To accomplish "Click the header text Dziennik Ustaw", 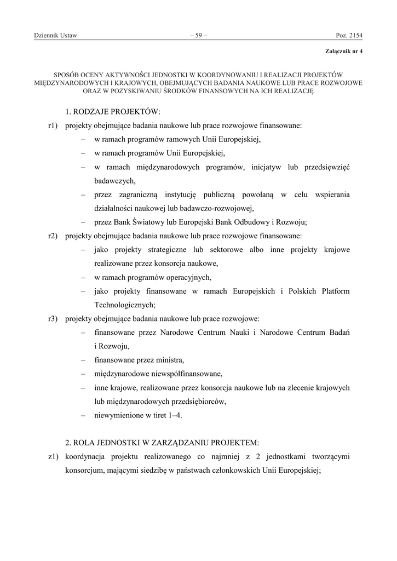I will click(x=55, y=36).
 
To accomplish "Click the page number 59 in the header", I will click(x=198, y=36).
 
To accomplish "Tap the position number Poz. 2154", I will click(x=349, y=36).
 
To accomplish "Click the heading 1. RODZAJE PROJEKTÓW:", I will click(x=113, y=112).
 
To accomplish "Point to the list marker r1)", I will click(x=53, y=125).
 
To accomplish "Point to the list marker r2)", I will click(x=53, y=236).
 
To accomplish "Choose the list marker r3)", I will click(x=53, y=319).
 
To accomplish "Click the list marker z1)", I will click(x=53, y=456).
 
